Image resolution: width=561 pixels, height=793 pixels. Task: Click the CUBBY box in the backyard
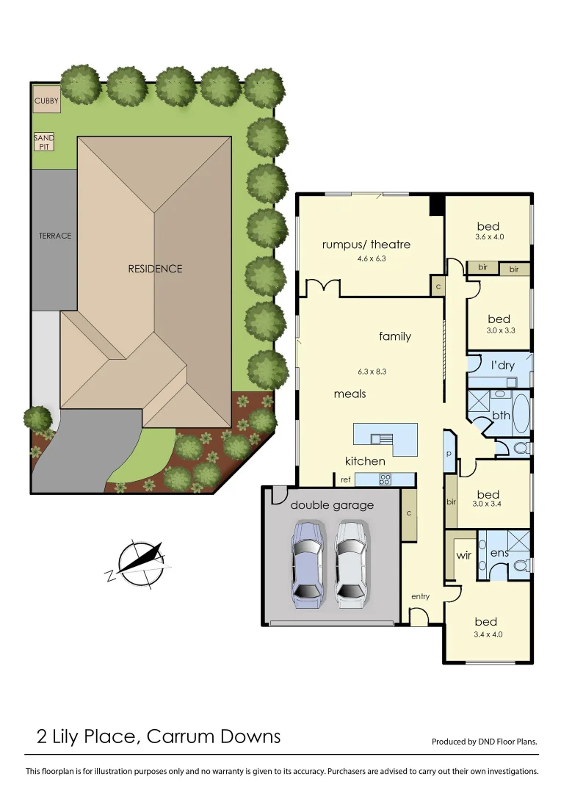click(x=46, y=100)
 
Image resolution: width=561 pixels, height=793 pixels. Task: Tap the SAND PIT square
click(x=44, y=142)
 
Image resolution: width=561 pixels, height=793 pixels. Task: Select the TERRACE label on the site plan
click(x=55, y=236)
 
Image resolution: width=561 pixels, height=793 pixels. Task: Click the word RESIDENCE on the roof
click(x=155, y=269)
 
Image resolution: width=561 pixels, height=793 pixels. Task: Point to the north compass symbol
click(x=140, y=563)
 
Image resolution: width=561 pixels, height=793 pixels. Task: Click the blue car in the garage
click(x=307, y=563)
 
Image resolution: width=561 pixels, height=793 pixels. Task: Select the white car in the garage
click(x=350, y=563)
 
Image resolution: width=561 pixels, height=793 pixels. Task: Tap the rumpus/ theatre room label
click(x=366, y=245)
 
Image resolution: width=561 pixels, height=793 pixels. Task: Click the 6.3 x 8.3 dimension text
click(x=372, y=372)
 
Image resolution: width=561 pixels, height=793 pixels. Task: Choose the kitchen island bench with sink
click(x=384, y=439)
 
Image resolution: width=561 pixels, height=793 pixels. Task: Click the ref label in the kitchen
click(x=345, y=479)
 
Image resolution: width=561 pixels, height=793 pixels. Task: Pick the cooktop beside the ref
click(x=385, y=479)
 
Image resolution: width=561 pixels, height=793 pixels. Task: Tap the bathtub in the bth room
click(x=520, y=415)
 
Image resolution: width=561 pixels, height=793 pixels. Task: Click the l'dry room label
click(x=502, y=365)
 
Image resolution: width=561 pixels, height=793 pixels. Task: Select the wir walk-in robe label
click(x=463, y=556)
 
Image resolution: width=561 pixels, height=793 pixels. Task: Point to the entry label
click(x=420, y=596)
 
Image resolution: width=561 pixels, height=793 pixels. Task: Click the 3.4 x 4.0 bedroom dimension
click(x=488, y=634)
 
